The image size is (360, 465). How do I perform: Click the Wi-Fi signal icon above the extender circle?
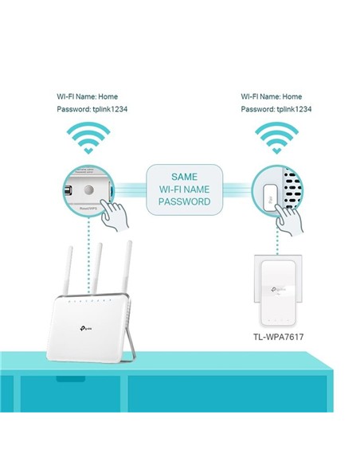point(275,139)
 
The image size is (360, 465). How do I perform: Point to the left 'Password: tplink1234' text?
point(87,111)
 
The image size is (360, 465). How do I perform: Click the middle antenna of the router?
point(99,267)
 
